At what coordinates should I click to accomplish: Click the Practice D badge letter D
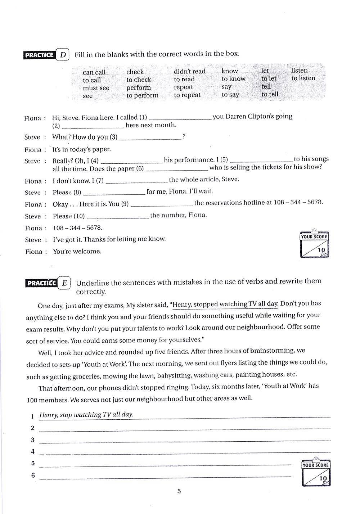click(63, 55)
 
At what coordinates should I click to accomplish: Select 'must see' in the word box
click(96, 88)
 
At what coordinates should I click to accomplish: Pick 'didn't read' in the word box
click(189, 71)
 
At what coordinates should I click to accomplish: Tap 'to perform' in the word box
click(142, 95)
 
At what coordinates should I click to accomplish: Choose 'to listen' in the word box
click(303, 78)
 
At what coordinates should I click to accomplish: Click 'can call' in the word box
click(94, 72)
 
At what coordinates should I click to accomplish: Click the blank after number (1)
click(180, 117)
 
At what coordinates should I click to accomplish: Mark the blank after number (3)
click(150, 137)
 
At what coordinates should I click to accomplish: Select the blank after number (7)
click(136, 180)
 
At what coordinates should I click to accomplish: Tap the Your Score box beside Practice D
click(314, 245)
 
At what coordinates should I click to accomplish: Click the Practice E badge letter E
click(64, 283)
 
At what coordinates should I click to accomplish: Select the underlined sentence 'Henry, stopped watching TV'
click(225, 304)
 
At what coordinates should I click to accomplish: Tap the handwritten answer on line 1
click(86, 415)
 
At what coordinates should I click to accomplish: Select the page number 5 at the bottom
click(179, 491)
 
